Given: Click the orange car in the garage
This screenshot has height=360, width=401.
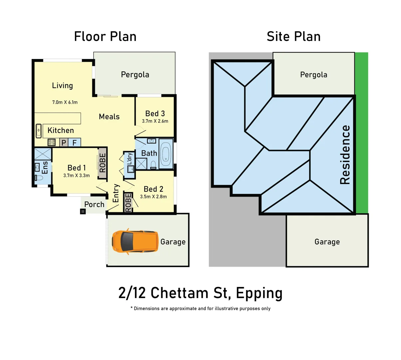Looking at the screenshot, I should (135, 241).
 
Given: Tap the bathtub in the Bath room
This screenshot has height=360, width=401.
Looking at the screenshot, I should (166, 154).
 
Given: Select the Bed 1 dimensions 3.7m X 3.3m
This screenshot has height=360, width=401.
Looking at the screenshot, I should (77, 176).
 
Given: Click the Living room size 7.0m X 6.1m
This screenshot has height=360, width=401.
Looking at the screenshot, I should (65, 102).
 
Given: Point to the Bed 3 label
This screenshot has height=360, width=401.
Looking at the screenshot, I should (155, 114).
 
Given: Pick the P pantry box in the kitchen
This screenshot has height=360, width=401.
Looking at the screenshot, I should (64, 143).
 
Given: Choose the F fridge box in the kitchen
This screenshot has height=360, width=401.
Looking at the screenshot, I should (75, 143).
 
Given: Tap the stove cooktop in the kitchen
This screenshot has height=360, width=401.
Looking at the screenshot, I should (52, 143).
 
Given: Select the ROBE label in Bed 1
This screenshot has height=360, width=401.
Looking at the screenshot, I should (103, 163).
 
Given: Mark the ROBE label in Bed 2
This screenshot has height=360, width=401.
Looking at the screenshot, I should (128, 203).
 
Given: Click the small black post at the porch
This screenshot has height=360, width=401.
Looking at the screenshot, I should (83, 211).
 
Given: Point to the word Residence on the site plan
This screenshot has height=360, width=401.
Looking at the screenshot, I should (345, 155).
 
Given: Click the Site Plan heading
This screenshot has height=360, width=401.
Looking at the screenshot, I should (293, 36).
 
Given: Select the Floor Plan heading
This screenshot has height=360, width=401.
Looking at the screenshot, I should (105, 36).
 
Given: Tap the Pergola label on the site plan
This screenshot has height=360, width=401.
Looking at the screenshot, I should (313, 75).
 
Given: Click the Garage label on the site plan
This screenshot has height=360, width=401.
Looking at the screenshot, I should (327, 242).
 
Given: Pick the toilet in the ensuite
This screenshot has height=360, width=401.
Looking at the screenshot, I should (39, 178).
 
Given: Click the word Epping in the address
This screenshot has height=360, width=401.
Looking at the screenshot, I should (259, 293).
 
